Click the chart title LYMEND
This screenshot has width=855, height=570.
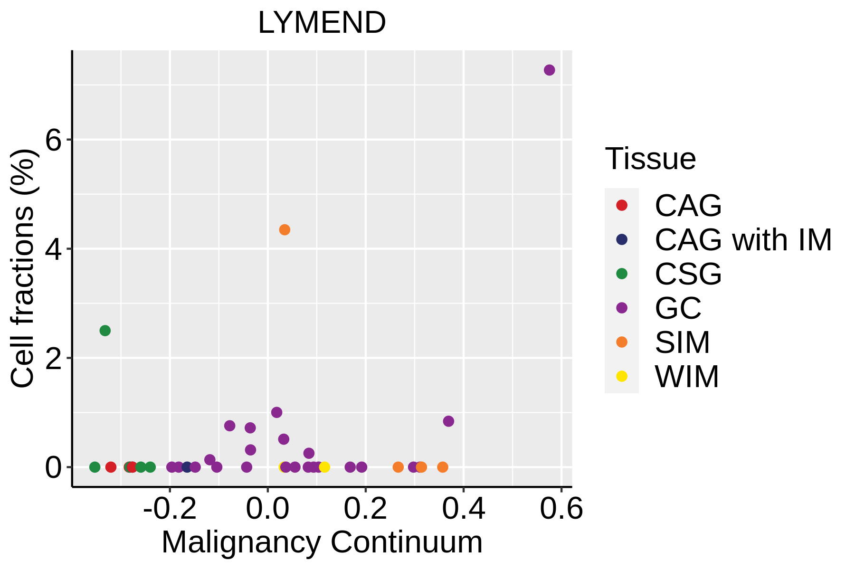pyautogui.click(x=322, y=23)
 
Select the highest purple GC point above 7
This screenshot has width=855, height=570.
pyautogui.click(x=549, y=70)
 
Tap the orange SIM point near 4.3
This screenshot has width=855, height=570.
pyautogui.click(x=285, y=230)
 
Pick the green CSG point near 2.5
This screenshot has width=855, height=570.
pyautogui.click(x=105, y=331)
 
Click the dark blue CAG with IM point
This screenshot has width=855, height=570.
pyautogui.click(x=187, y=467)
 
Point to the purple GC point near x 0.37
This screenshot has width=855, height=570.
pyautogui.click(x=448, y=421)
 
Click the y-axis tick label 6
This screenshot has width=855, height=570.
pyautogui.click(x=54, y=140)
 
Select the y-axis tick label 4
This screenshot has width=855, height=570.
pyautogui.click(x=54, y=249)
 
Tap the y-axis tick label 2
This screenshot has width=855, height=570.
pyautogui.click(x=54, y=359)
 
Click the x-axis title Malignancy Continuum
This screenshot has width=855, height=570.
pyautogui.click(x=322, y=542)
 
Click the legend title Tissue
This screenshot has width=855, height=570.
pyautogui.click(x=650, y=159)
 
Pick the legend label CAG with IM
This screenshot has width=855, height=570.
pyautogui.click(x=743, y=240)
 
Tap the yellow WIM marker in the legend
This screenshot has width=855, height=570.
pyautogui.click(x=621, y=376)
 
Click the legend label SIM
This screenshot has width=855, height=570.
pyautogui.click(x=682, y=342)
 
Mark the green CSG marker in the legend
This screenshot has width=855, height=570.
pyautogui.click(x=621, y=274)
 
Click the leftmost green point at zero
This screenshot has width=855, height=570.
pyautogui.click(x=95, y=467)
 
